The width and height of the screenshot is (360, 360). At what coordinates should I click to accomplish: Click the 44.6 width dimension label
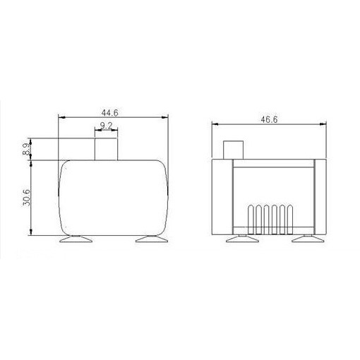pos(109,113)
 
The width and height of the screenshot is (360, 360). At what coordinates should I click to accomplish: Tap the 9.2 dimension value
pos(106,126)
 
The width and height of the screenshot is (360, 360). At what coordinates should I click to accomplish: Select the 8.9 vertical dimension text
pos(26,149)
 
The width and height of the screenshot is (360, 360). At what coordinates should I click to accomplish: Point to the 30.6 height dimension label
pos(27,198)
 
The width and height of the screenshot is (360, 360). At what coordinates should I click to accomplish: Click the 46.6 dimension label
pos(269,119)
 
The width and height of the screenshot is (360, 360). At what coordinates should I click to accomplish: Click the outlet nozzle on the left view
pos(106,149)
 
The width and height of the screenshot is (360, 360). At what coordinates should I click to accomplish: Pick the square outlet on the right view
pos(233,150)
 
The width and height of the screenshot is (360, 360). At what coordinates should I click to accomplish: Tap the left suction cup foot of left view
pos(76,239)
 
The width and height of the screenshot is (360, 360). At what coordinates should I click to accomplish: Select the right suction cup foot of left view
pos(152,239)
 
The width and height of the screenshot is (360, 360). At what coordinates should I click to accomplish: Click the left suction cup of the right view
pos(242,239)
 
